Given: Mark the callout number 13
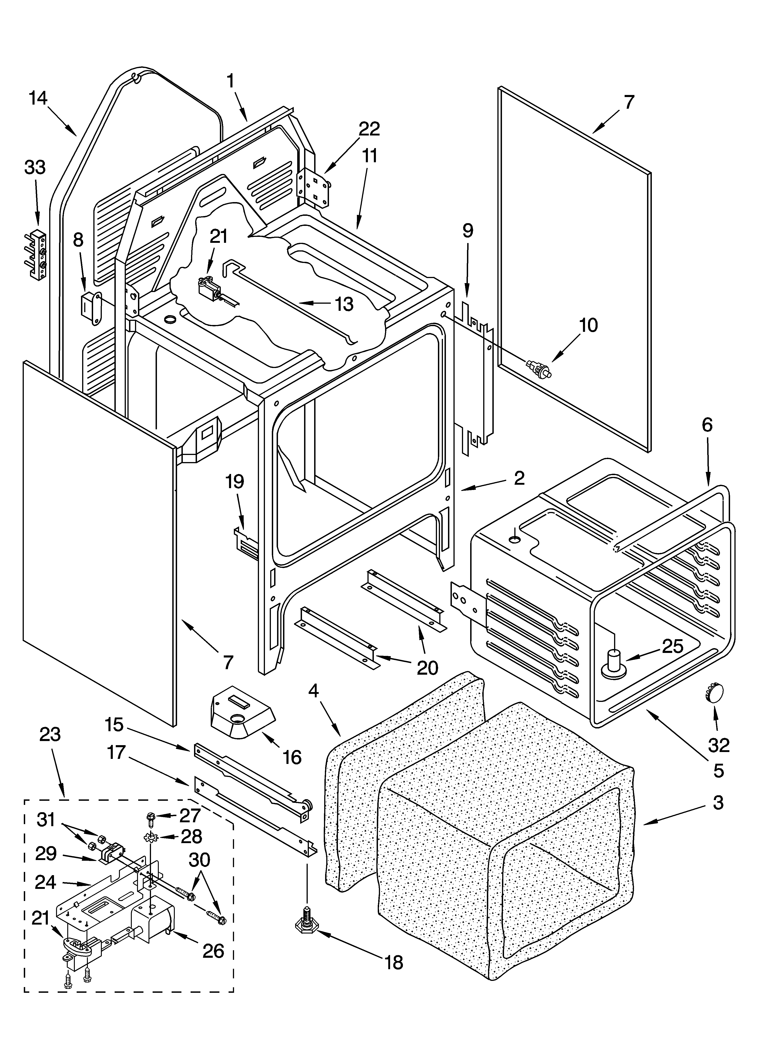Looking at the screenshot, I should click(x=344, y=304).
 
